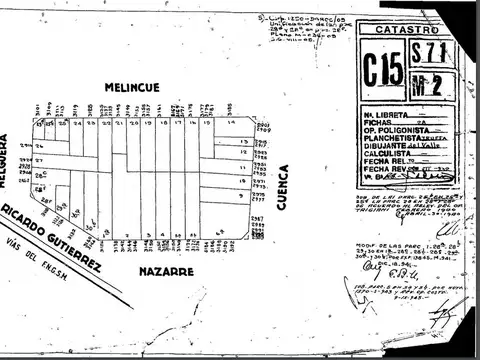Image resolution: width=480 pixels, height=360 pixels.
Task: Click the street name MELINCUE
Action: (146, 89)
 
